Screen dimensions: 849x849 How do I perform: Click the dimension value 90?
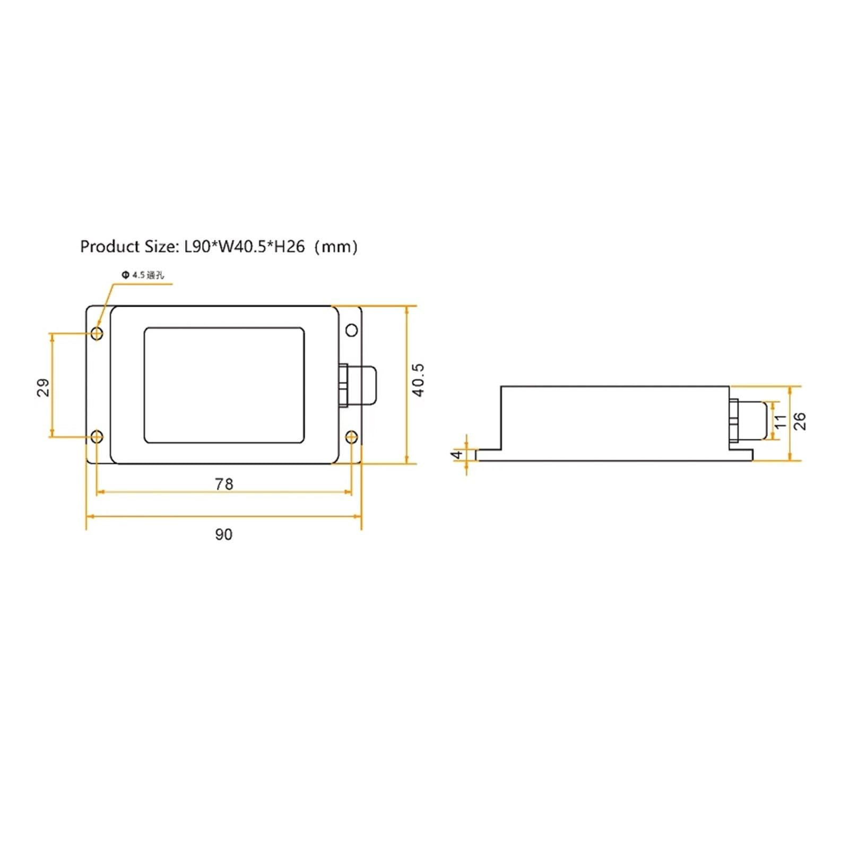click(223, 534)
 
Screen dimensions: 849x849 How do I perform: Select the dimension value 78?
click(224, 484)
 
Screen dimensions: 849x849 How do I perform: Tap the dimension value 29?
click(44, 387)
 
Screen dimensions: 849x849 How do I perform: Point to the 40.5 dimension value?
click(419, 380)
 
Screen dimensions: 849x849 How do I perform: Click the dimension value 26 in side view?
click(799, 421)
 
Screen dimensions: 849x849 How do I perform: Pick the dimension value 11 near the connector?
click(780, 421)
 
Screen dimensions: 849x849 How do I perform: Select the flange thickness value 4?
click(457, 455)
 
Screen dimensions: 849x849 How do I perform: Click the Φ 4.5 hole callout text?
click(143, 275)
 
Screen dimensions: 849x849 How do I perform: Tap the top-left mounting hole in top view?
click(97, 333)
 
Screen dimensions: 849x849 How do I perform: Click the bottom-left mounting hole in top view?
click(97, 437)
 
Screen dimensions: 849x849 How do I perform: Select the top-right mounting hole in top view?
click(351, 331)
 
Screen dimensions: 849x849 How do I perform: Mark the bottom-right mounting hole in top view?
click(351, 437)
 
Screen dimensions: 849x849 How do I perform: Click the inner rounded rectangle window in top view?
click(224, 385)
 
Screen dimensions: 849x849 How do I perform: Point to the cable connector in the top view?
click(358, 385)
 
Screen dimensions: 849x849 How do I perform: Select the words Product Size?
click(127, 247)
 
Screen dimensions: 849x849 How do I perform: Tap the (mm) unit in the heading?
click(336, 247)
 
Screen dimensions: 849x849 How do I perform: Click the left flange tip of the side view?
click(481, 455)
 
